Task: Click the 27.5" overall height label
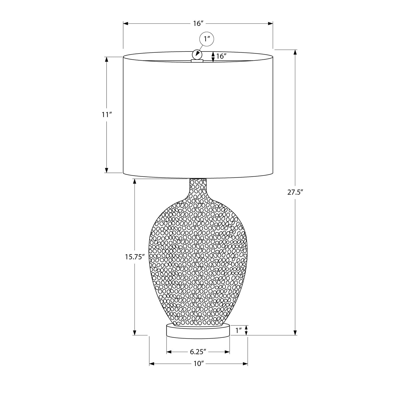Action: pyautogui.click(x=294, y=192)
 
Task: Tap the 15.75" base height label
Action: pyautogui.click(x=135, y=257)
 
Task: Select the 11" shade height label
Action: pyautogui.click(x=107, y=115)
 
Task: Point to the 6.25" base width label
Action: pyautogui.click(x=198, y=352)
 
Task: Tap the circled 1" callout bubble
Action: pyautogui.click(x=206, y=39)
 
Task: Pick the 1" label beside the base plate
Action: pyautogui.click(x=239, y=330)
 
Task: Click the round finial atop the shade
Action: pyautogui.click(x=197, y=54)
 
